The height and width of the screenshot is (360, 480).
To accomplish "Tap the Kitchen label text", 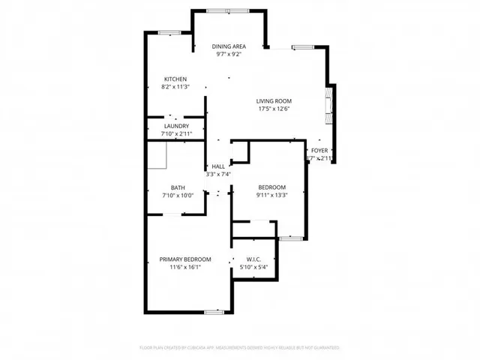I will [x=175, y=79].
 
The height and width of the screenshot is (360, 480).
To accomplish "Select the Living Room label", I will [x=274, y=101].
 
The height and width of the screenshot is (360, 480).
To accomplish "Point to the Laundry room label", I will [x=176, y=127].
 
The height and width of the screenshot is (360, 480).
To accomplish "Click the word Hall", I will [x=218, y=166].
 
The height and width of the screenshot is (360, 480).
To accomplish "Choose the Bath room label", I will [x=178, y=188].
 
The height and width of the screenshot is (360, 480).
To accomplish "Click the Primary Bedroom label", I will [x=185, y=259].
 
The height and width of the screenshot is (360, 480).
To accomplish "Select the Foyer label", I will [x=319, y=151].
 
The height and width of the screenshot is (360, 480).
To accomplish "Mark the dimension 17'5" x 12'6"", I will [x=274, y=109].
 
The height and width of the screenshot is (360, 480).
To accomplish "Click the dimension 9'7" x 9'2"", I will [x=229, y=54].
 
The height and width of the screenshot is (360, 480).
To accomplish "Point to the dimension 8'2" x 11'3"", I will [x=175, y=86].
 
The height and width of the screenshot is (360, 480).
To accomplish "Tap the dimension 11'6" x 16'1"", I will [x=185, y=267].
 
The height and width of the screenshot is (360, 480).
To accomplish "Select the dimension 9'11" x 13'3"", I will [x=272, y=195].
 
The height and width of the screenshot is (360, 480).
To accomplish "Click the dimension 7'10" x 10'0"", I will [x=178, y=196].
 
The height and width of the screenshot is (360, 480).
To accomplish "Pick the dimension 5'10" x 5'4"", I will [x=253, y=267].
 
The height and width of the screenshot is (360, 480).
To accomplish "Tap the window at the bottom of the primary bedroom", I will [x=215, y=310].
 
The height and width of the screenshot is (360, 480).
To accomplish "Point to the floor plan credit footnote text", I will [x=240, y=348].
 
